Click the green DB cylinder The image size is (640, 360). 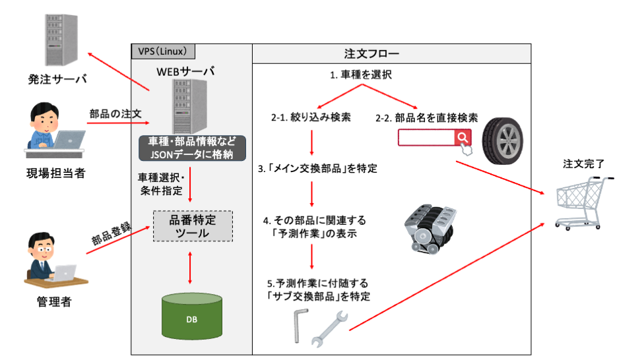click(191, 318)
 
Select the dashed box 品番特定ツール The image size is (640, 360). click(193, 225)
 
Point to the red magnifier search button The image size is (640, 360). click(463, 137)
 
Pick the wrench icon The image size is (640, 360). click(328, 328)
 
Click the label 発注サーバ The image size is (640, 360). click(57, 80)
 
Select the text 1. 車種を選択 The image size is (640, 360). click(361, 75)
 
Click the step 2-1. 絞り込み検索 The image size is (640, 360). click(311, 119)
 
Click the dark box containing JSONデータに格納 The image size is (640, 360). click(192, 148)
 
